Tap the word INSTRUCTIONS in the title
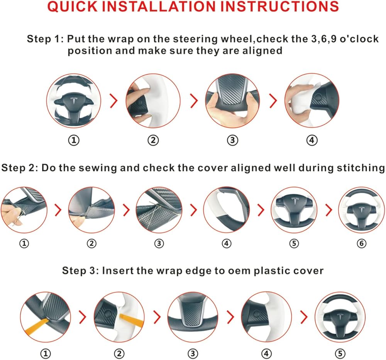(x=279, y=7)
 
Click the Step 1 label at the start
(x=45, y=39)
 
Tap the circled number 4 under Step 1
(x=312, y=140)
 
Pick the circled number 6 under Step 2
(x=361, y=243)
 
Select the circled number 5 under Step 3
(x=340, y=354)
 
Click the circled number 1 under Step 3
(x=46, y=354)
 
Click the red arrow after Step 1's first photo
(x=114, y=100)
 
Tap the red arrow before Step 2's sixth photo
(x=328, y=210)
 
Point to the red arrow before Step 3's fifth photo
(x=304, y=317)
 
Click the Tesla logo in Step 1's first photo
(x=74, y=101)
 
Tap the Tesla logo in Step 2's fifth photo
(x=294, y=201)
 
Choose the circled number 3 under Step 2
(x=159, y=243)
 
